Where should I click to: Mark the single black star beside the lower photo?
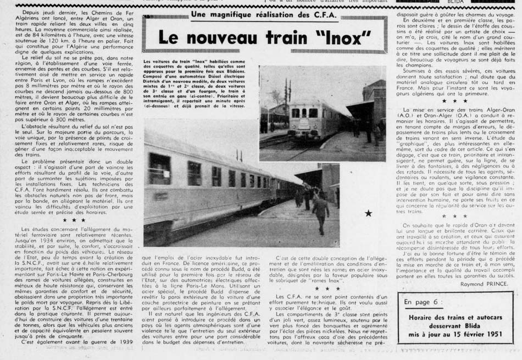point(368,213)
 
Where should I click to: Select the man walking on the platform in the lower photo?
point(320,211)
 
